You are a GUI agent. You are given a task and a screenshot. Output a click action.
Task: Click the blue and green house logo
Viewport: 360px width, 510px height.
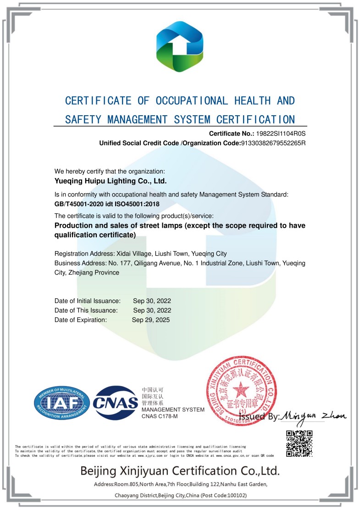click(x=179, y=47)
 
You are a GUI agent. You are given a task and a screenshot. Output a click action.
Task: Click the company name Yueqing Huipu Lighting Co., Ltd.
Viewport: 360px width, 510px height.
click(x=111, y=181)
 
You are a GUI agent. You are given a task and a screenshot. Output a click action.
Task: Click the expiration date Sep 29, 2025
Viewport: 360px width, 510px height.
click(x=151, y=320)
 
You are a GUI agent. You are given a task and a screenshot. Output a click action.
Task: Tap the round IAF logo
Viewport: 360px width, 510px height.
click(x=62, y=403)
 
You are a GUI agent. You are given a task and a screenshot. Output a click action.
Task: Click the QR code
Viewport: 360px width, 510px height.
click(x=299, y=443)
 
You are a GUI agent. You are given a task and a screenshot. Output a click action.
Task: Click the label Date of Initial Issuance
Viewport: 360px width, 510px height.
click(x=88, y=301)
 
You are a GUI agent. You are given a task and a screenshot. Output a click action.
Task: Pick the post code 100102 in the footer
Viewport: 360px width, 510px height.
click(x=237, y=495)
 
